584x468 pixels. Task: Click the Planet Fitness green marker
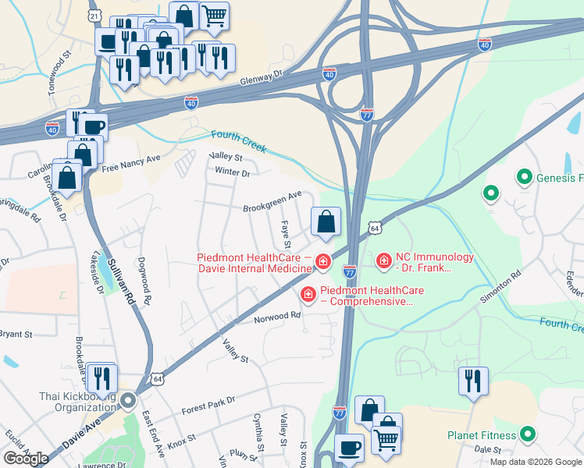527,435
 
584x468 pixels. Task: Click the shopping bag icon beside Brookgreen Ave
326,222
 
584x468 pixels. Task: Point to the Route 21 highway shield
94,15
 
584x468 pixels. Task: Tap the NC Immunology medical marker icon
383,261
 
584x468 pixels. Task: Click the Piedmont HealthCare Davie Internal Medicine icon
322,262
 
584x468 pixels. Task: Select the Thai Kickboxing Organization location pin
127,401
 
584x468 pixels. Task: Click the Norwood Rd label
276,316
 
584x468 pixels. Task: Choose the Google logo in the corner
26,458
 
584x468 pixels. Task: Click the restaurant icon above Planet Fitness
473,381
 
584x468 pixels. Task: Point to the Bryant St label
16,334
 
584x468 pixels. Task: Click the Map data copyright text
536,461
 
